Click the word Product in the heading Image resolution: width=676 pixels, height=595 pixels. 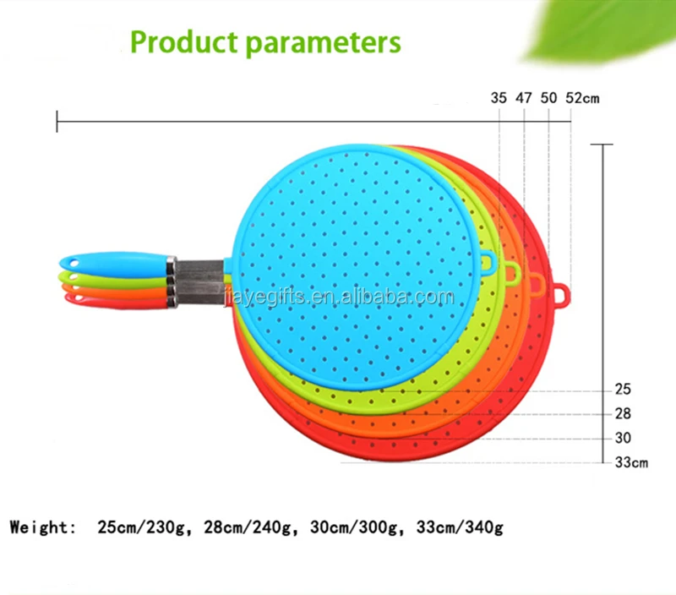pyautogui.click(x=184, y=42)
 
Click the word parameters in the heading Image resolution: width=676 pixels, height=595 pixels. pyautogui.click(x=324, y=44)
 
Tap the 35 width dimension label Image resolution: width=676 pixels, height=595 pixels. pyautogui.click(x=499, y=98)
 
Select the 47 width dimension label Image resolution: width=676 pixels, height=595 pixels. pyautogui.click(x=523, y=98)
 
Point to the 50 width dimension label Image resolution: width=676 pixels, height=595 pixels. pyautogui.click(x=548, y=98)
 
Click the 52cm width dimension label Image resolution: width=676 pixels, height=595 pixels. pyautogui.click(x=582, y=98)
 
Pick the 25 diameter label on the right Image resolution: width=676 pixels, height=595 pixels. pyautogui.click(x=623, y=390)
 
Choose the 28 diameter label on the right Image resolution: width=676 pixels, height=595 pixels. pyautogui.click(x=623, y=414)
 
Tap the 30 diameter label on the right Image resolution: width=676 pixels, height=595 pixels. pyautogui.click(x=623, y=438)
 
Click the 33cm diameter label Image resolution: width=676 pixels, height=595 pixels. pyautogui.click(x=631, y=462)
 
